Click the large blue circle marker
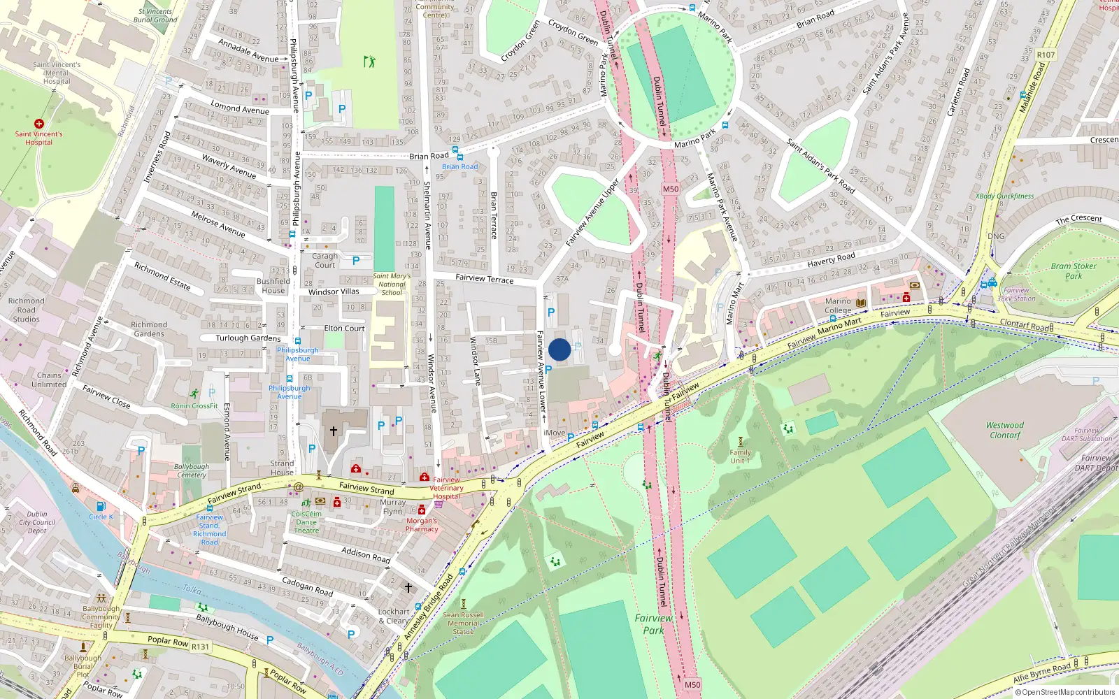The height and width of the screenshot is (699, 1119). click(x=559, y=349)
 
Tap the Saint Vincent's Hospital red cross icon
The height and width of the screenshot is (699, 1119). click(x=39, y=124)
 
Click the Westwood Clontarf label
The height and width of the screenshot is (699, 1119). click(x=1005, y=430)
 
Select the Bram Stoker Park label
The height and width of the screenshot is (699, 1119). click(x=1074, y=271)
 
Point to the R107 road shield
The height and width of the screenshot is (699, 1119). click(x=1046, y=55)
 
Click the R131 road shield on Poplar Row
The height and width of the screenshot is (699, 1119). click(x=200, y=647)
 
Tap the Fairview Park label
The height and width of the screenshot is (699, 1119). click(x=654, y=624)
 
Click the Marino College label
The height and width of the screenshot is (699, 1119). click(x=838, y=305)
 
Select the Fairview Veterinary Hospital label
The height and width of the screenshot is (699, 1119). click(x=446, y=488)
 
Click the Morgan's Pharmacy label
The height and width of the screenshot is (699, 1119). click(x=422, y=525)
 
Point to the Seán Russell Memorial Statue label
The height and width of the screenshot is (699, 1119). click(x=463, y=623)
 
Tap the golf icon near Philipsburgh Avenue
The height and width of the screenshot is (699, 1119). click(x=369, y=62)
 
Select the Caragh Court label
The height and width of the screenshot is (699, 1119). click(x=325, y=260)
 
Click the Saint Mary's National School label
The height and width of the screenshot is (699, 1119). click(x=392, y=284)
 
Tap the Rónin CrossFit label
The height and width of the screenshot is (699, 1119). click(x=194, y=405)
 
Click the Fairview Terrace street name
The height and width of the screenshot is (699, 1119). click(x=484, y=278)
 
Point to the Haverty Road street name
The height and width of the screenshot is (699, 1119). click(x=831, y=260)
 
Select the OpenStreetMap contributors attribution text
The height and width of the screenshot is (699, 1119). click(x=1064, y=692)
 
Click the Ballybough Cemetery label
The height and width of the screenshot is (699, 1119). click(x=191, y=470)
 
